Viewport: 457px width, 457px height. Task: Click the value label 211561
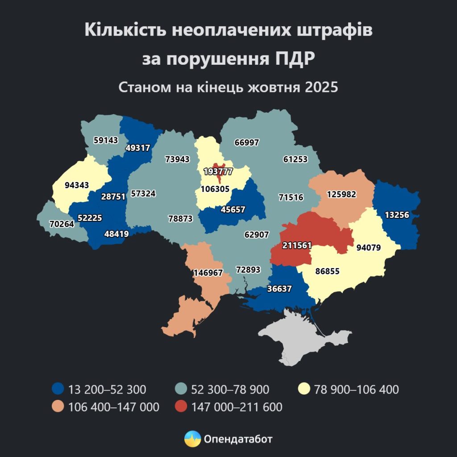(297, 245)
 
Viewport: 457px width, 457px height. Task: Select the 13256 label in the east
(396, 215)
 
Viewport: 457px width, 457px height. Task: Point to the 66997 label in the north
(246, 142)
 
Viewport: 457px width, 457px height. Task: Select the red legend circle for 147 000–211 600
(181, 407)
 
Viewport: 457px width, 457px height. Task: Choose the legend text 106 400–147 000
(114, 407)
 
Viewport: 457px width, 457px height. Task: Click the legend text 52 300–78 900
(230, 389)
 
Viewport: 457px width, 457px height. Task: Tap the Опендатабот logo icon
(192, 439)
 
